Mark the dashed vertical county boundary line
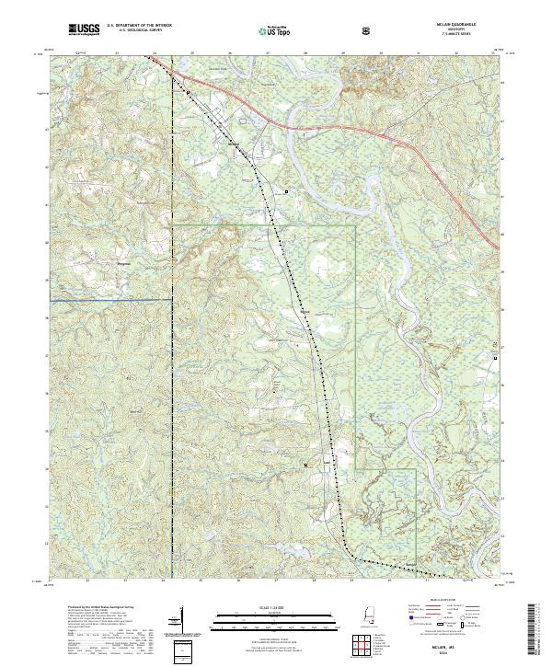[x=172, y=368]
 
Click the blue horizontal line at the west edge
[x=110, y=299]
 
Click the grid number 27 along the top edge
[x=265, y=54]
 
